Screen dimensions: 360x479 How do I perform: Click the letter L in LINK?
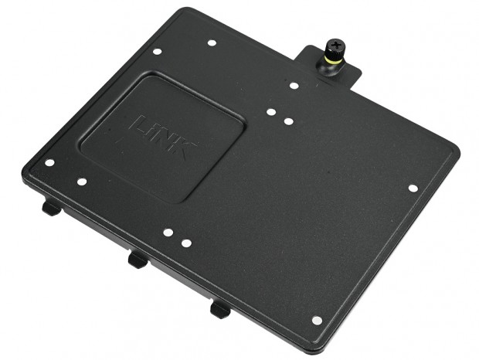point(141,124)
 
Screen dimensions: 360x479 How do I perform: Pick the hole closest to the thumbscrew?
point(294,85)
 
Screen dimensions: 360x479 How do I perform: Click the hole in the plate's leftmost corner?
point(49,163)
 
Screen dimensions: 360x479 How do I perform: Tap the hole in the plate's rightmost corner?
point(413,188)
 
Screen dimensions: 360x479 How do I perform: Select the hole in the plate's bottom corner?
point(316,320)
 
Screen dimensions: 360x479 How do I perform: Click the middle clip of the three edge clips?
point(138,260)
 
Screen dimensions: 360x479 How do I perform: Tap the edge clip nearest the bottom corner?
point(220,309)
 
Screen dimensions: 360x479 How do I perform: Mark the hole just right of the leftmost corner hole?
point(82,182)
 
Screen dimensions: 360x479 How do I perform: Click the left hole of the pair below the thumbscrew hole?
point(270,112)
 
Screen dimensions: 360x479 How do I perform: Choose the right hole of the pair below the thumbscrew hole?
point(287,121)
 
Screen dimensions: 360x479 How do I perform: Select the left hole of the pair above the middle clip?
point(167,232)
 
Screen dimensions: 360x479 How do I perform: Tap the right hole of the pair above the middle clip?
point(186,243)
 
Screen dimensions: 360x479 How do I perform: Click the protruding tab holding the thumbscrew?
point(348,68)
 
